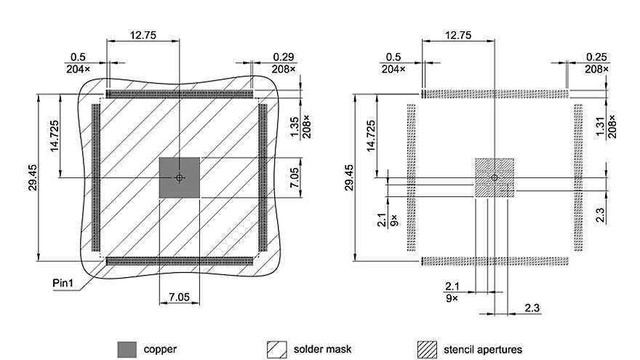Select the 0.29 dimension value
(283, 57)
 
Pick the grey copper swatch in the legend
(127, 349)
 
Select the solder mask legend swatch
(277, 349)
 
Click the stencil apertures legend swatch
(427, 349)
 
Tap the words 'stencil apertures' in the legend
(483, 349)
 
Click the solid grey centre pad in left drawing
(179, 177)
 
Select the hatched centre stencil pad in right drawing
(494, 177)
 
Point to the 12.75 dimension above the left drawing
(143, 35)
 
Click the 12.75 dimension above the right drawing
(457, 35)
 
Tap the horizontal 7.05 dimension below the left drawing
(179, 297)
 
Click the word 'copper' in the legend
(160, 349)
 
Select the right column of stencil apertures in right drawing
(578, 177)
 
